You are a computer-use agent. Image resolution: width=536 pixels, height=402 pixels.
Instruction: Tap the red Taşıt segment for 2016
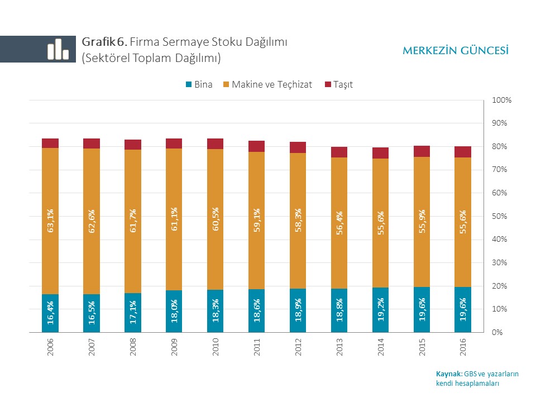[463, 152]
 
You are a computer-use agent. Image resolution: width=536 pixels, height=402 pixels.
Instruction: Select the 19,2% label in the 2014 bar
[381, 312]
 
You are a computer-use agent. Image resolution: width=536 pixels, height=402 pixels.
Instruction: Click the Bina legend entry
[199, 85]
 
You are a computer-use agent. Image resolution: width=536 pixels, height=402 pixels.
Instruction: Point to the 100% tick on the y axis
[501, 100]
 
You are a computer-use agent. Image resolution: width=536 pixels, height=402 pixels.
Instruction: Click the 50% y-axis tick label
[500, 216]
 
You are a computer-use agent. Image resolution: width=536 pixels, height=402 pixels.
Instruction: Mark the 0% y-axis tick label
[497, 332]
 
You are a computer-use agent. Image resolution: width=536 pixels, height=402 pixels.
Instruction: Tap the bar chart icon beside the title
[58, 49]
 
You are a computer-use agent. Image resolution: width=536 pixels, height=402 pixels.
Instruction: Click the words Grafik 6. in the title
[105, 42]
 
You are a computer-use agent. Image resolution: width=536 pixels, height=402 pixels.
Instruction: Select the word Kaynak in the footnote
[448, 374]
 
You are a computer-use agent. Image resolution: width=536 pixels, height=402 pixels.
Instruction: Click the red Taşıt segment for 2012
[298, 147]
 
